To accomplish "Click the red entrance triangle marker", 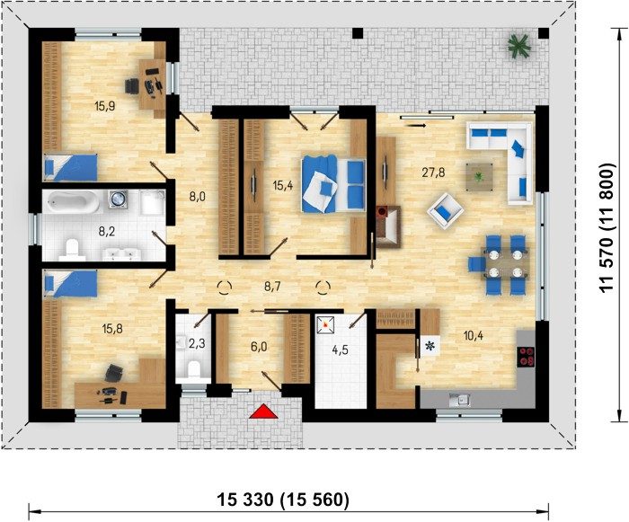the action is click(x=263, y=411).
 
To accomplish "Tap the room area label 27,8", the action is click(x=433, y=173).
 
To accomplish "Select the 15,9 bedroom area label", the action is click(x=105, y=106).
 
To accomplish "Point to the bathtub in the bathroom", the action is click(x=72, y=202).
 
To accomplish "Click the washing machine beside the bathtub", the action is click(x=118, y=199).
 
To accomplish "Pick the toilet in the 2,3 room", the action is click(x=194, y=369).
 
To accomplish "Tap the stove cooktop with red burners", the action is click(x=527, y=357).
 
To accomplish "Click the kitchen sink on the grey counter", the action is click(x=459, y=399).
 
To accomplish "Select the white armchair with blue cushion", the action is click(x=445, y=209).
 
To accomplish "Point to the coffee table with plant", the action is click(x=479, y=176).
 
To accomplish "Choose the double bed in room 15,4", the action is click(x=333, y=184).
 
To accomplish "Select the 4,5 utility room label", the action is click(x=340, y=349).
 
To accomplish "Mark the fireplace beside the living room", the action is click(x=388, y=225).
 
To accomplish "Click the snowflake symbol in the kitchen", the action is click(x=430, y=345).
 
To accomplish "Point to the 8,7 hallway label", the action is click(x=272, y=286).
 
